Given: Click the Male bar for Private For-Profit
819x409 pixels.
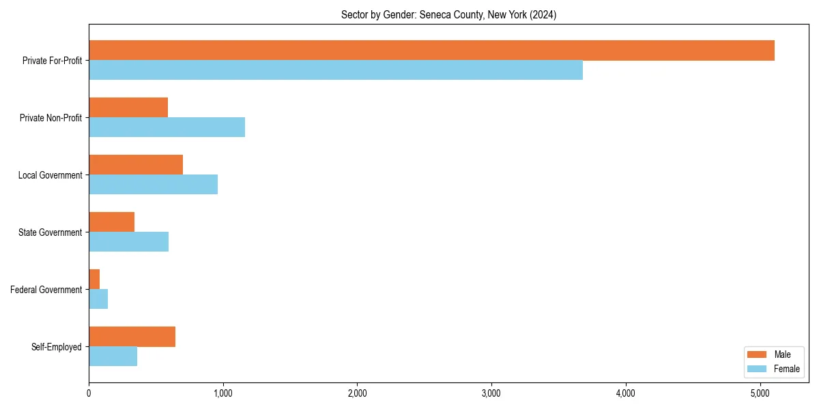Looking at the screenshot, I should click(431, 50).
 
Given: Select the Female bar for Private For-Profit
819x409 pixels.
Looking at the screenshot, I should click(336, 70).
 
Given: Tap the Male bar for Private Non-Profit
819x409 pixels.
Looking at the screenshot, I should click(128, 108).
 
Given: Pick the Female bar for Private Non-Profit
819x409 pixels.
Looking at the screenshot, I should click(167, 127).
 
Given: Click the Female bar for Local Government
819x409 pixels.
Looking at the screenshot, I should click(153, 185).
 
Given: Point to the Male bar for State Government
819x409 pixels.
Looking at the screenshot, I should click(111, 222).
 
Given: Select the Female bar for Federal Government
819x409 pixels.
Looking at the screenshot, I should click(98, 299).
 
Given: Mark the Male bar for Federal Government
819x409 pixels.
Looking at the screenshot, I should click(94, 279).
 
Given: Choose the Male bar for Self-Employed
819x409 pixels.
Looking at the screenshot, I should click(132, 337).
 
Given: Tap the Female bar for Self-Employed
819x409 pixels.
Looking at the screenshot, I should click(113, 357).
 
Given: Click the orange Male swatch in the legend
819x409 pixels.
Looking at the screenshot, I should click(758, 354).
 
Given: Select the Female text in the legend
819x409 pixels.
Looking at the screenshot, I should click(786, 369).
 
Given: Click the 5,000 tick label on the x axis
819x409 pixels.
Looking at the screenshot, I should click(760, 393).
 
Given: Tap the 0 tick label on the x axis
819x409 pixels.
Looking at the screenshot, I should click(89, 393).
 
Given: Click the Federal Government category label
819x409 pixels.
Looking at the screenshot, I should click(46, 290).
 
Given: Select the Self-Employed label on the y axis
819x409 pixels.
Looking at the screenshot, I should click(57, 347).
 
